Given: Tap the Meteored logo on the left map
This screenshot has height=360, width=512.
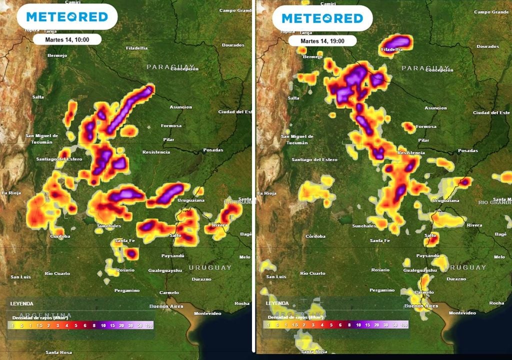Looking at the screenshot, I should [x=67, y=17].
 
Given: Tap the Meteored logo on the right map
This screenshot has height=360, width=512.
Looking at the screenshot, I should [x=322, y=18].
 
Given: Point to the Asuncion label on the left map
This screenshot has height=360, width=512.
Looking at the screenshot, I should [x=180, y=107].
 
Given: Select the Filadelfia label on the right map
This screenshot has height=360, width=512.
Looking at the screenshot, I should [x=391, y=49].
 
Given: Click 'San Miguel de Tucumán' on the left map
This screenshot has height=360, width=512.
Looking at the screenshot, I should [x=42, y=139].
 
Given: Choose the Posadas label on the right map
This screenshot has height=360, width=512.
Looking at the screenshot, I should [x=468, y=150].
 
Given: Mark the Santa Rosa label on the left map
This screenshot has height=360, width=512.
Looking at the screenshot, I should [x=58, y=352].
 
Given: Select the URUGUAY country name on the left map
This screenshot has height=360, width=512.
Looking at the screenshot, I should [x=210, y=267].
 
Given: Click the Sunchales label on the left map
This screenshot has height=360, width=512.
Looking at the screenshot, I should [x=109, y=226].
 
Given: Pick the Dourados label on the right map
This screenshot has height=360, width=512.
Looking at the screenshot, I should [x=487, y=46].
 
